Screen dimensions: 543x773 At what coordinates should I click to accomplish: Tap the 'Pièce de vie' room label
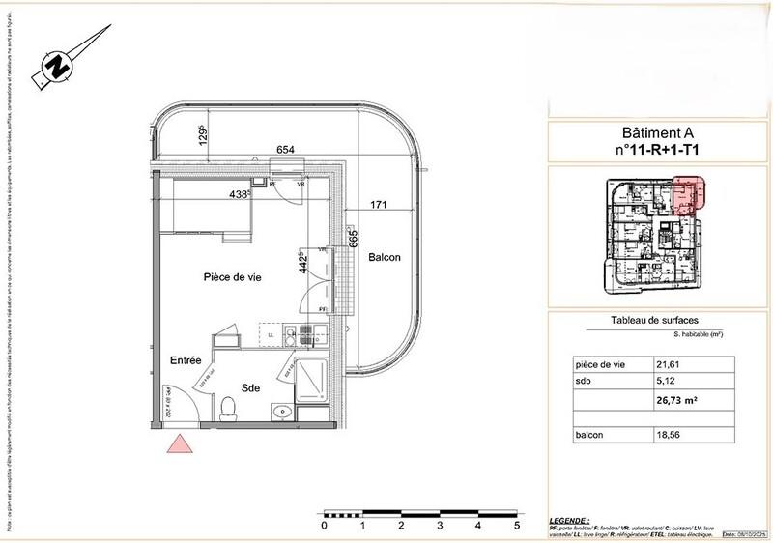pos(232,277)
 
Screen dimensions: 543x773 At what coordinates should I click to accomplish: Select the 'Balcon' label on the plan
pos(384,257)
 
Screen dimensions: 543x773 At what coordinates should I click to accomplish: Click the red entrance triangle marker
pos(180,444)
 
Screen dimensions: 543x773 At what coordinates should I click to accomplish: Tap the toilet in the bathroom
pos(229,410)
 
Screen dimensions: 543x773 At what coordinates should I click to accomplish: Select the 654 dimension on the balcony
pos(285,150)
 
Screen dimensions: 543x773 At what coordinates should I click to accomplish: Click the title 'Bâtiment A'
pos(656,135)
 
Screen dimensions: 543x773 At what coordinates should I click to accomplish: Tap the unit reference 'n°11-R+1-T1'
pos(656,151)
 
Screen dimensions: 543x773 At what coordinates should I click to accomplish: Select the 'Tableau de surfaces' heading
pos(655,321)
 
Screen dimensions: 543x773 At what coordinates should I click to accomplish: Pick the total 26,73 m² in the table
pos(677,396)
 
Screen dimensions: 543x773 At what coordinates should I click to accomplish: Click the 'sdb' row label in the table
pos(585,381)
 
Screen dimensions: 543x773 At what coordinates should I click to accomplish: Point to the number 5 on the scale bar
pos(517,527)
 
